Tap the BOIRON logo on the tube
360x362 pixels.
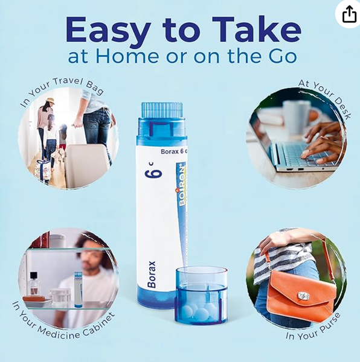(182, 184)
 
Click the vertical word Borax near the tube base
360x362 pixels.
(152, 275)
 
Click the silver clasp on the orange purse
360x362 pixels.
(304, 296)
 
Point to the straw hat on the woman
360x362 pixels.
(50, 101)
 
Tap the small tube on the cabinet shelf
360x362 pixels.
(78, 290)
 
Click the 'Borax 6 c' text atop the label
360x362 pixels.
(174, 151)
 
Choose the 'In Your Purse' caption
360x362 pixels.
(313, 327)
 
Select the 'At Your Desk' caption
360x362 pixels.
(326, 98)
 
